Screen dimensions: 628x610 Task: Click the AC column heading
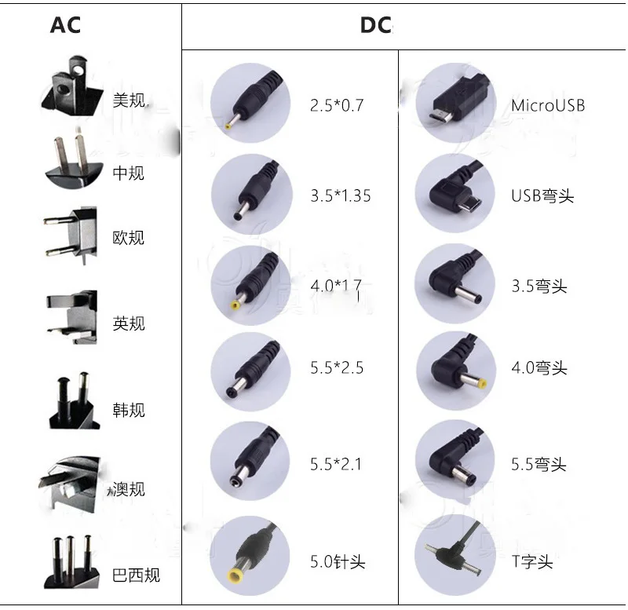(x=65, y=25)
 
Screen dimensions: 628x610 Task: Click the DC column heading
(x=376, y=25)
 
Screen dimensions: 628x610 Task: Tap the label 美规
(x=129, y=100)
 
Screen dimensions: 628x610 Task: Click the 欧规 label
(x=128, y=238)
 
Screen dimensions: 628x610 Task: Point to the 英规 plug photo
(x=72, y=317)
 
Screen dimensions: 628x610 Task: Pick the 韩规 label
(x=129, y=410)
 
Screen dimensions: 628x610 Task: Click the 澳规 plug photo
(x=70, y=484)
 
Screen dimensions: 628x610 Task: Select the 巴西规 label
(x=136, y=575)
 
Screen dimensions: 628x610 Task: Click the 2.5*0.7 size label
(x=337, y=105)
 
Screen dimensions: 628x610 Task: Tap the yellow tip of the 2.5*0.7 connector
(x=228, y=126)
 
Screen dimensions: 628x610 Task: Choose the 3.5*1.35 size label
(x=341, y=195)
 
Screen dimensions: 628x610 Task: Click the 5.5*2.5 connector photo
(x=250, y=371)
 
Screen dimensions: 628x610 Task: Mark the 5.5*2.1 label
(x=336, y=464)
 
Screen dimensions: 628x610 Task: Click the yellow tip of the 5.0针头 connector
(x=235, y=577)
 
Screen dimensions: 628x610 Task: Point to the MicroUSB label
(x=548, y=105)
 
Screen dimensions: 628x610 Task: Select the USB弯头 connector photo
(x=455, y=193)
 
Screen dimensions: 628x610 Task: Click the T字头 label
(x=532, y=561)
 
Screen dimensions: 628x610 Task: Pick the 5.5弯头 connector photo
(x=455, y=460)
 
